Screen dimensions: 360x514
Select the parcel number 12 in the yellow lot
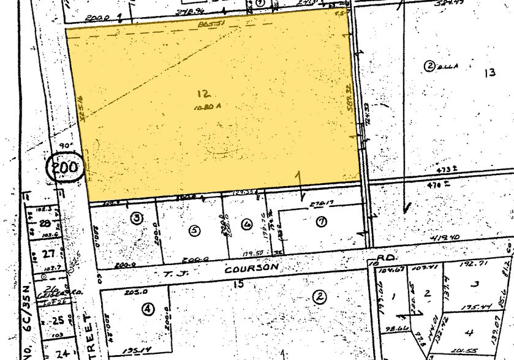click(x=204, y=93)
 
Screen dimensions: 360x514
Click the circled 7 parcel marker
click(x=320, y=222)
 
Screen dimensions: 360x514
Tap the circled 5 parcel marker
click(x=194, y=230)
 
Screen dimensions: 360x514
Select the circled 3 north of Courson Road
click(x=136, y=217)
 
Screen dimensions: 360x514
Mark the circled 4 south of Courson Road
click(x=148, y=309)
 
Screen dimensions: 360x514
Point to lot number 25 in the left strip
click(x=43, y=320)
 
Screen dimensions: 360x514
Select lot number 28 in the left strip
click(x=43, y=225)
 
